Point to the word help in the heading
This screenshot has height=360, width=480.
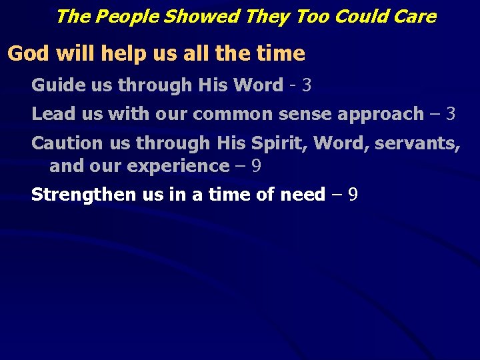(113, 53)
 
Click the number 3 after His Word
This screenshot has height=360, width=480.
(307, 85)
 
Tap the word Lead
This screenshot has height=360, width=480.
(52, 114)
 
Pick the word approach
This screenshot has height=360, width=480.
(380, 115)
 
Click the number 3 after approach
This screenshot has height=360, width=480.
(451, 114)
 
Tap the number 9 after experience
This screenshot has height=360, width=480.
(255, 166)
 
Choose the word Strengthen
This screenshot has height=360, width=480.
(84, 195)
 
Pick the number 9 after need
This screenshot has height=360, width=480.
(353, 195)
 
